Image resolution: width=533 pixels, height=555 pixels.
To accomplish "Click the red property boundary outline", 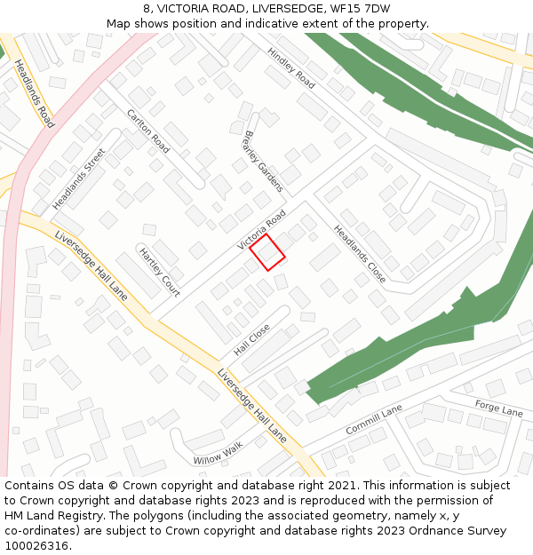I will tap(266, 251).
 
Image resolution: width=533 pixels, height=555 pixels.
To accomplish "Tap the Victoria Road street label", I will tap(261, 230).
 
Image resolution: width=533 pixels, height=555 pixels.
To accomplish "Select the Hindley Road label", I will tap(291, 67).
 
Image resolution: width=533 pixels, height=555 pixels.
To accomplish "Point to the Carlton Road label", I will tap(148, 132).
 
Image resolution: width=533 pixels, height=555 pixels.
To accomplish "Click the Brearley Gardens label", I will tap(262, 162).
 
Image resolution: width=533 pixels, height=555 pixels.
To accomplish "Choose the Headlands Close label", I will tap(360, 254).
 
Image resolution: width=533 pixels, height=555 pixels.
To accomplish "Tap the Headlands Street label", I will tap(78, 178).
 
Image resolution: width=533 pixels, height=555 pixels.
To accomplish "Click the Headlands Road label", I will tap(34, 94).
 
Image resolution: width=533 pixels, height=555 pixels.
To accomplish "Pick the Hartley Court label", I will tap(160, 272).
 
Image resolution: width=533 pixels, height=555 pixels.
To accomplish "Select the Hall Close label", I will tap(251, 340).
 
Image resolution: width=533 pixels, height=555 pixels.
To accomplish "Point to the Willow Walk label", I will tap(218, 454).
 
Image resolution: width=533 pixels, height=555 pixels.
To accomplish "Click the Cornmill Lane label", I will tap(374, 419).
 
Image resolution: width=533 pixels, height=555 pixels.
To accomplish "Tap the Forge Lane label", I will tap(498, 408).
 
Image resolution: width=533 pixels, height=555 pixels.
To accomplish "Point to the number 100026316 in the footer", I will tap(36, 546).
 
